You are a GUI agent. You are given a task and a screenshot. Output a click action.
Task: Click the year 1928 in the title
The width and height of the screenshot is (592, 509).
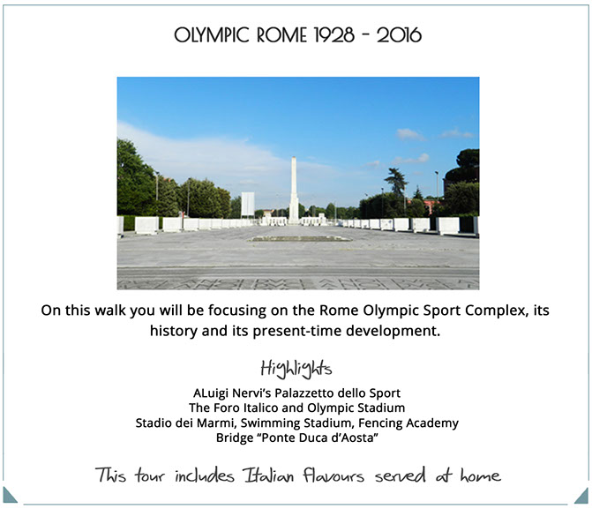tap(334, 35)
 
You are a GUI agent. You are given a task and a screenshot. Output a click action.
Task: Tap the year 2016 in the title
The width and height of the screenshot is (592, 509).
tap(399, 35)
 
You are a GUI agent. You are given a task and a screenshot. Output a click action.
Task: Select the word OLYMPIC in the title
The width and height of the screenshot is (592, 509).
tap(212, 35)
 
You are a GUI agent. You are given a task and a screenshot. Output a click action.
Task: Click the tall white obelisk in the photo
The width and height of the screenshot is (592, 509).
tap(294, 190)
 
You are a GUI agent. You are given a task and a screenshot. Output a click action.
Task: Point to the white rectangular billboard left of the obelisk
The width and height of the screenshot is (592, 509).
tap(248, 204)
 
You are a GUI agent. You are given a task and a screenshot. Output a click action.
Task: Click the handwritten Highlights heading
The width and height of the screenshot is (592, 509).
tap(296, 369)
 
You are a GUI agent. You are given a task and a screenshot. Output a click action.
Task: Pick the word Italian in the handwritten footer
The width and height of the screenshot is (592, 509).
tap(268, 475)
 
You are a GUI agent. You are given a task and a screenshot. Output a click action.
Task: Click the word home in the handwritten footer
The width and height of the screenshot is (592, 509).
tap(480, 475)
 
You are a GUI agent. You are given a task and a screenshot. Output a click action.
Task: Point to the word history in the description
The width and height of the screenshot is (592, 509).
tap(174, 331)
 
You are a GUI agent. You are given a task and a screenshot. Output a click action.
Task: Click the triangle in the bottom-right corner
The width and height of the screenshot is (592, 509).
tap(582, 497)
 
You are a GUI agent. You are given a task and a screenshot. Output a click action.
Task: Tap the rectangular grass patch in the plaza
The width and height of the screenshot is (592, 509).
tap(300, 239)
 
